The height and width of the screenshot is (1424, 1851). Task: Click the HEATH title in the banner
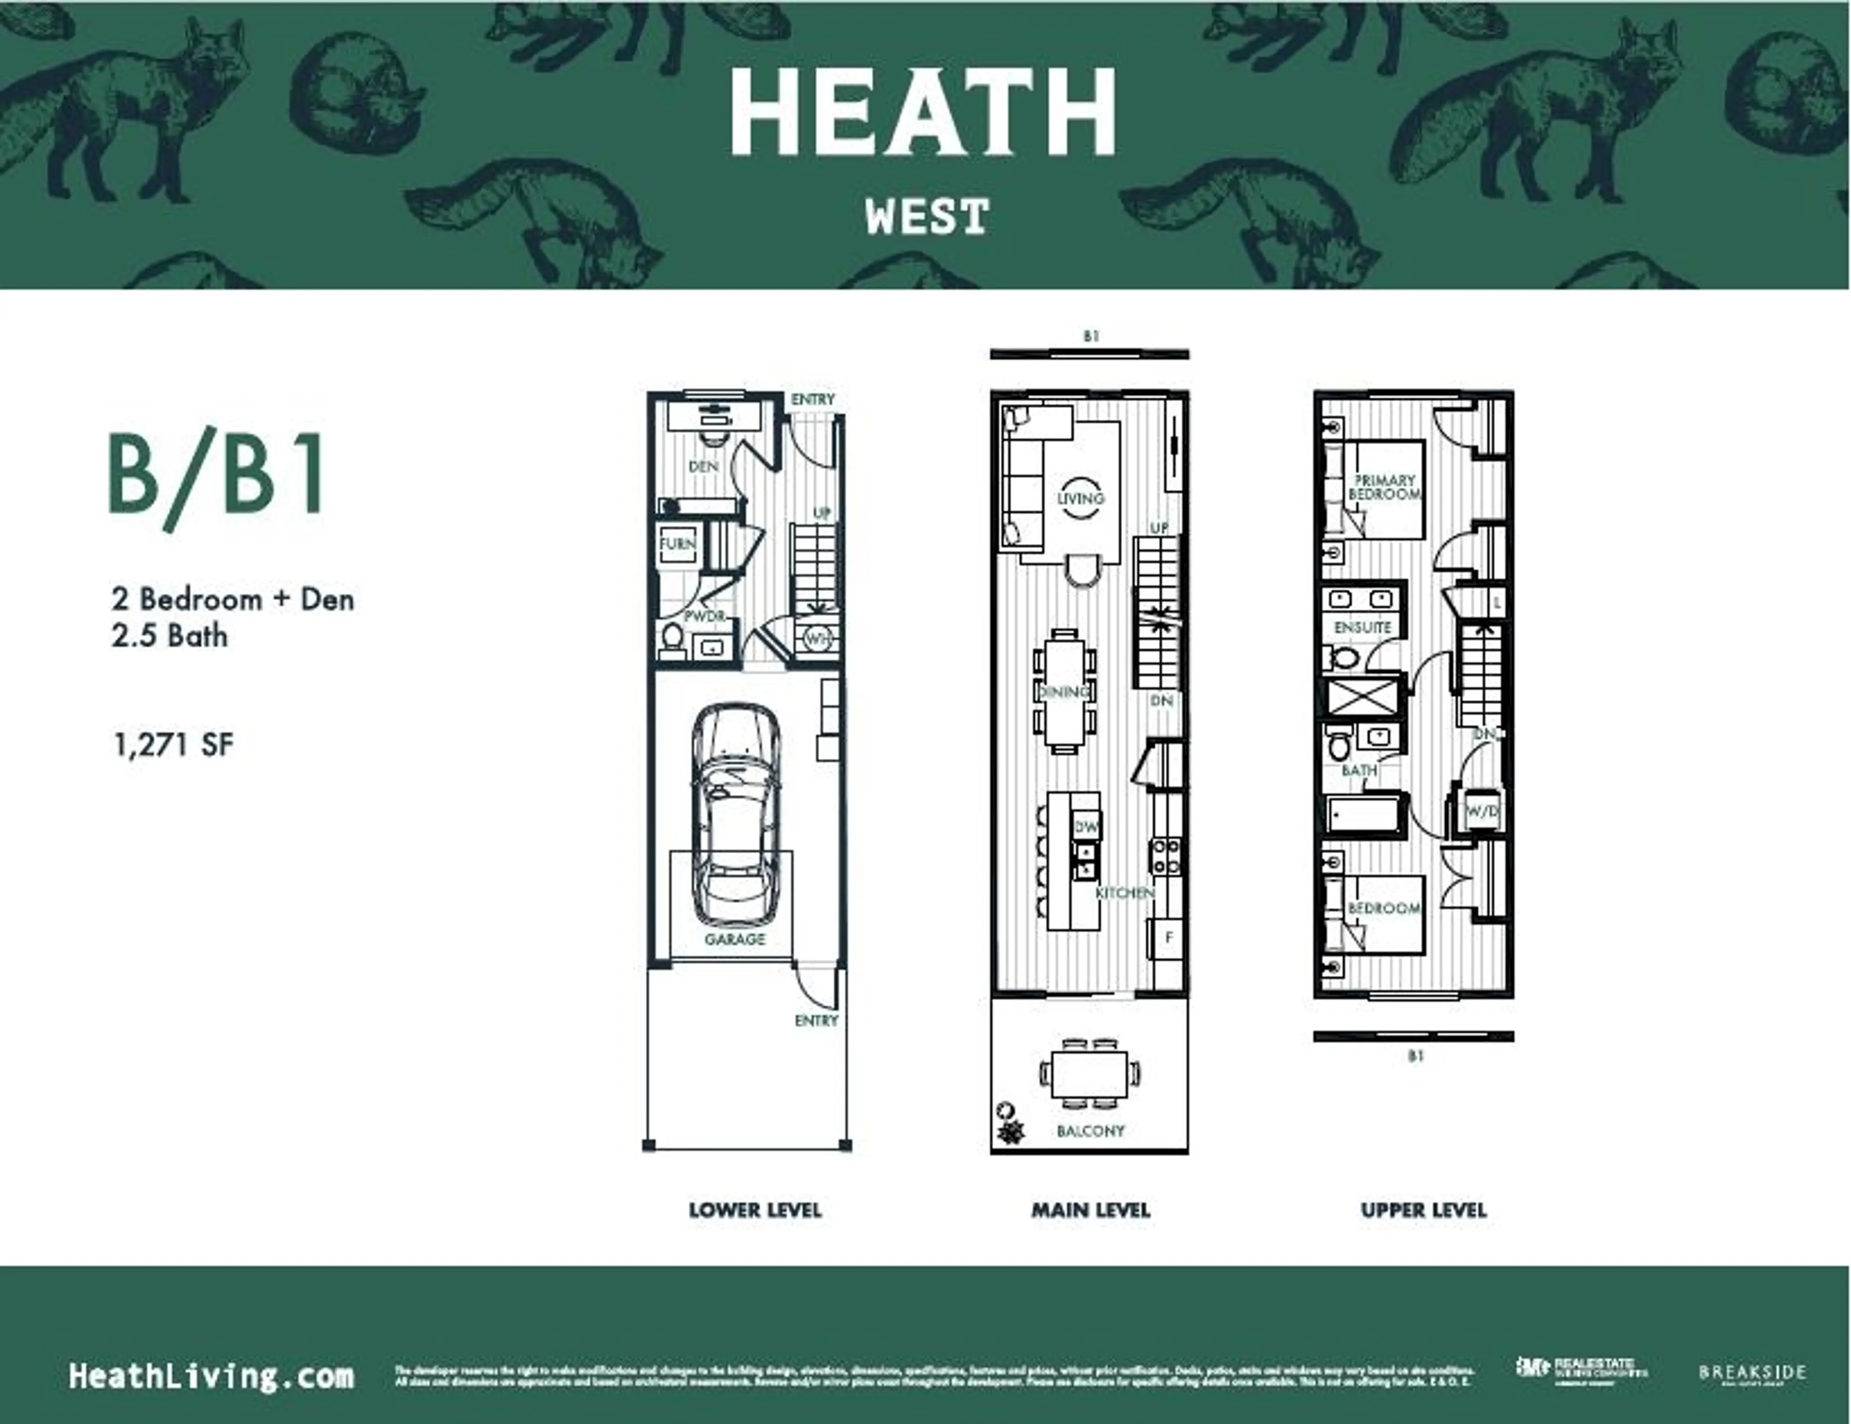coord(924,113)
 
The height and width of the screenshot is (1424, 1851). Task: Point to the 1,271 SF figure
coord(173,745)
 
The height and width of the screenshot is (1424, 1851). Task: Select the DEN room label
coord(703,466)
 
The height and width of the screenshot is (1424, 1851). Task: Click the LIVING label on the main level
coord(1081,498)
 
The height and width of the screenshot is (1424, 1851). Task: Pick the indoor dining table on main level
coord(1064,691)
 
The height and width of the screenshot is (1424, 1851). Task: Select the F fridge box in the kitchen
coord(1169,938)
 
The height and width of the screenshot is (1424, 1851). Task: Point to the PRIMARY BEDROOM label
coord(1384,486)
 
